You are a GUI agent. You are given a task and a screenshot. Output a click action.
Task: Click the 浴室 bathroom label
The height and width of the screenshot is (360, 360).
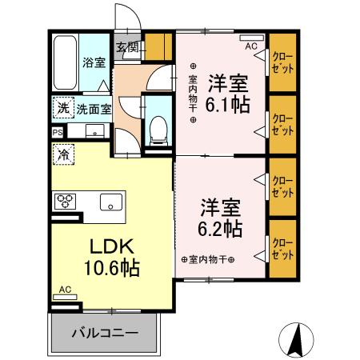[x=94, y=62]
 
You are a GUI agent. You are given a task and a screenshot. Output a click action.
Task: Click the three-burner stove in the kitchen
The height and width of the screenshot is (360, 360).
[x=65, y=202]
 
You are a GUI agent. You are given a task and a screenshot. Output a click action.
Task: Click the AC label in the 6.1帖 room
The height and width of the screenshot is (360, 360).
[x=251, y=46]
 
